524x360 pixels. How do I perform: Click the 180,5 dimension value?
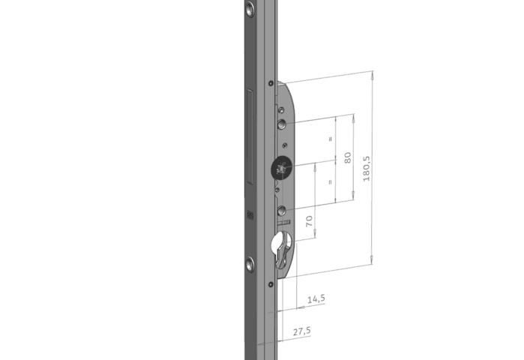click(x=367, y=169)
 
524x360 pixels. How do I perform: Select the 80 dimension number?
click(x=348, y=157)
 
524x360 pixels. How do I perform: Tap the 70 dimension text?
click(x=310, y=221)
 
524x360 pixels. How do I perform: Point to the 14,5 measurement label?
click(x=316, y=298)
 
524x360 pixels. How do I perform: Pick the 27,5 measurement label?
click(x=302, y=331)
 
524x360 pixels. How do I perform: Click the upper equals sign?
click(x=331, y=139)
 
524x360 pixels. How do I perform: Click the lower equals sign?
click(x=330, y=182)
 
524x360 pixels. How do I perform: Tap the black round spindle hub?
click(x=281, y=167)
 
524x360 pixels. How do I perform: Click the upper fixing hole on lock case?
click(x=282, y=124)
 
